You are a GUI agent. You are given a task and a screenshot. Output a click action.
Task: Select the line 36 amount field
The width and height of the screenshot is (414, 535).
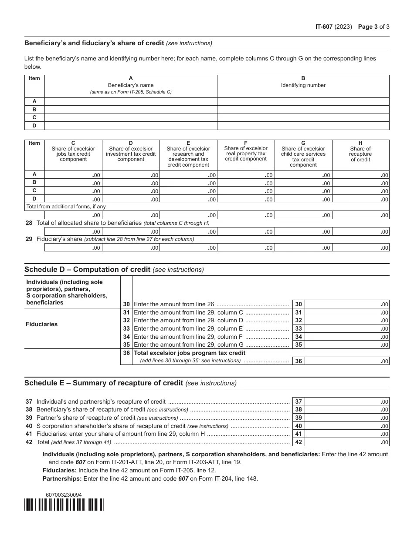tap(347, 361)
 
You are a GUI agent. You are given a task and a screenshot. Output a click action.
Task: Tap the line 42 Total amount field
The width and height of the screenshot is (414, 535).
tap(347, 442)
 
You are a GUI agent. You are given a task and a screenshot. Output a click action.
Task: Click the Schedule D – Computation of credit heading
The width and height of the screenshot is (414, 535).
tap(114, 270)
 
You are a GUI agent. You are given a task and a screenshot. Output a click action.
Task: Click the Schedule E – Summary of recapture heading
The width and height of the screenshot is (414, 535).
tap(130, 383)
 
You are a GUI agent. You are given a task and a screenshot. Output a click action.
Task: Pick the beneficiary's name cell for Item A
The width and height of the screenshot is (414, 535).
tap(131, 101)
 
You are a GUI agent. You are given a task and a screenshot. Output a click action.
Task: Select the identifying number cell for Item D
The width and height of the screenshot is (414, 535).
tap(303, 126)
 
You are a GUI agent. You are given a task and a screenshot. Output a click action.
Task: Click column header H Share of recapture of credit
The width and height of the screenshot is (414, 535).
tap(360, 151)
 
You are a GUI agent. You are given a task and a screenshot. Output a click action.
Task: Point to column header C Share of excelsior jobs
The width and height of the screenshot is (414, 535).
tap(73, 151)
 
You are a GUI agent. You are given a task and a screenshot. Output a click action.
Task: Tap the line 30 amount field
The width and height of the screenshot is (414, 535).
tap(347, 304)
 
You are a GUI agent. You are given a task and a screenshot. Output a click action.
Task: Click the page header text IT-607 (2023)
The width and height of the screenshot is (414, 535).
tap(333, 27)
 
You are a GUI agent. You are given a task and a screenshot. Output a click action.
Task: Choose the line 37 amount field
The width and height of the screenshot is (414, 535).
tap(347, 401)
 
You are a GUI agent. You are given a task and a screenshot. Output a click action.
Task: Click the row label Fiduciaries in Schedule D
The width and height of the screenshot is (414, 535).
tap(41, 324)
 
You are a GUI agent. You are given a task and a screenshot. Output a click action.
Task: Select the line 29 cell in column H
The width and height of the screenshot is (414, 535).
tap(360, 247)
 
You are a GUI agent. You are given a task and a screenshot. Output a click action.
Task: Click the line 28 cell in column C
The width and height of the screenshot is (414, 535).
tap(73, 232)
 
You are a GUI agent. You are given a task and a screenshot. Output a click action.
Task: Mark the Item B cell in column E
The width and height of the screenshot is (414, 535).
tap(188, 183)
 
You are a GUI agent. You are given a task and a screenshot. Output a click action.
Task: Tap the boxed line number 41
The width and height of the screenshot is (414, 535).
tap(299, 434)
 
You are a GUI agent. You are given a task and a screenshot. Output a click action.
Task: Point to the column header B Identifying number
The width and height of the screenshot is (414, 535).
tap(303, 82)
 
